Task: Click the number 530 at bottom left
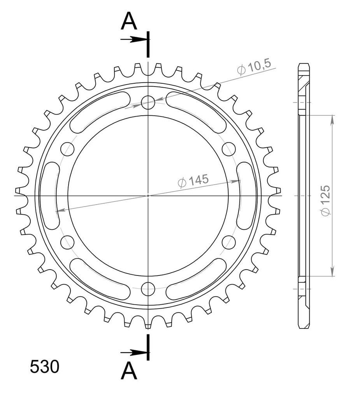[44, 367]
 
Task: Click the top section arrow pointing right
[134, 39]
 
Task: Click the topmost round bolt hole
[148, 102]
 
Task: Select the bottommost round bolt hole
[148, 289]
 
